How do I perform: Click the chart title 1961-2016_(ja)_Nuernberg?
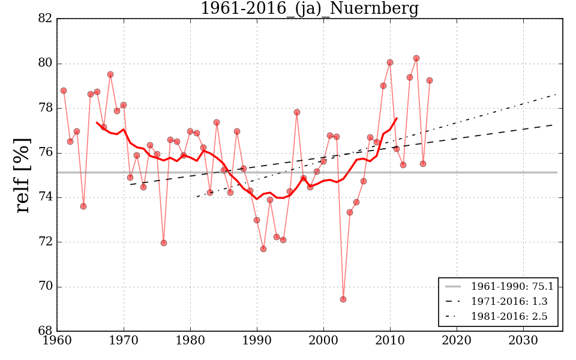pos(309,9)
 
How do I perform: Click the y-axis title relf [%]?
pos(23,175)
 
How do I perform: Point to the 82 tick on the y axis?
pos(46,19)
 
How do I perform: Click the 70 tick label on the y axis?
pos(46,287)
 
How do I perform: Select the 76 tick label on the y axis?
pos(46,153)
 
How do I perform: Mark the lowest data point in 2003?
pos(343,299)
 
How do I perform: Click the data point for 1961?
pos(64,91)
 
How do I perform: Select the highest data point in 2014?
pos(416,58)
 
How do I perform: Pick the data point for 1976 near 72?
pos(164,243)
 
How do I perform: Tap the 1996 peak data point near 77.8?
pos(297,112)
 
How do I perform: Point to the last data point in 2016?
pos(430,80)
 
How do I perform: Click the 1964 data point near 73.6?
pos(83,206)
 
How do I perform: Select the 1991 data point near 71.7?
pos(263,248)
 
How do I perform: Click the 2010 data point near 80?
pos(390,62)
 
